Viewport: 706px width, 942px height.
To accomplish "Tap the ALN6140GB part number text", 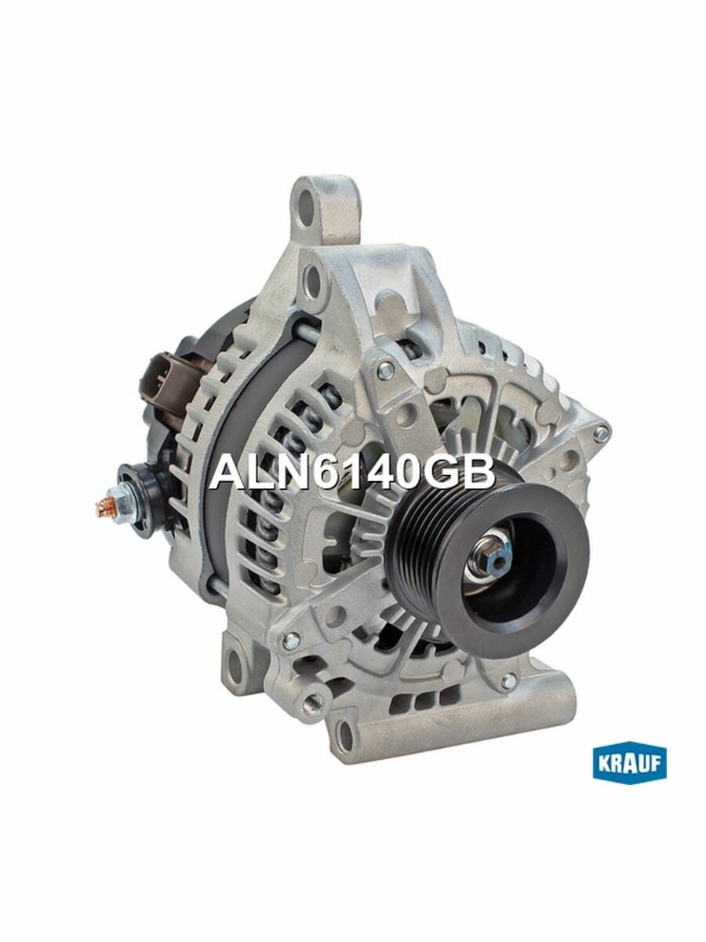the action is click(x=352, y=473).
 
